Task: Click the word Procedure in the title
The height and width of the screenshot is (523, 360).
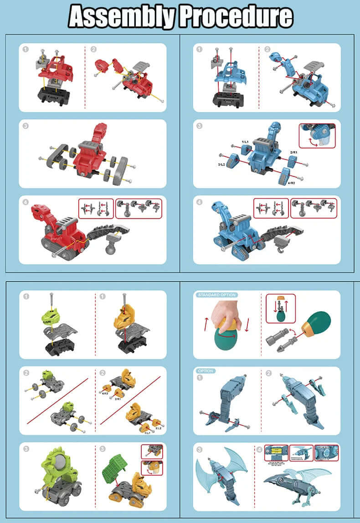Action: (x=235, y=17)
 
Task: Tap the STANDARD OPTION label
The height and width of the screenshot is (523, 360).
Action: (x=217, y=295)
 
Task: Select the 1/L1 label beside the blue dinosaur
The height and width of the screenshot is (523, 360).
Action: (x=245, y=143)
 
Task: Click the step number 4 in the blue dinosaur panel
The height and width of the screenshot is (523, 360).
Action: (x=199, y=202)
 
